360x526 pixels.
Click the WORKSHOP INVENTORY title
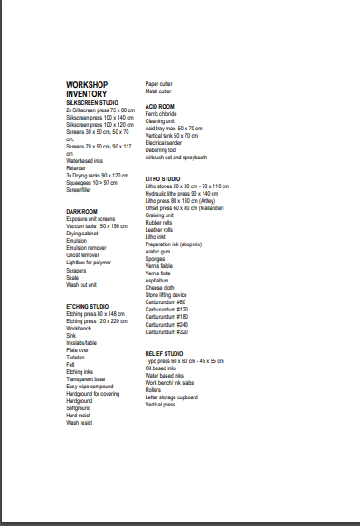(87, 89)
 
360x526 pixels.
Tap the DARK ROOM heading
(81, 211)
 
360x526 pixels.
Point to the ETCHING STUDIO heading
(88, 307)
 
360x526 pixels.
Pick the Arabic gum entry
(158, 251)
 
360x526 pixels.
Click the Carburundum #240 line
(166, 324)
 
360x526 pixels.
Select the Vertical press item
(162, 405)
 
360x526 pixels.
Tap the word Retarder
(76, 167)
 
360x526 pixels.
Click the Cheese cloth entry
(160, 288)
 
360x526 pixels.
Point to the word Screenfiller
(79, 190)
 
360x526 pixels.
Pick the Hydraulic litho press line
(181, 194)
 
